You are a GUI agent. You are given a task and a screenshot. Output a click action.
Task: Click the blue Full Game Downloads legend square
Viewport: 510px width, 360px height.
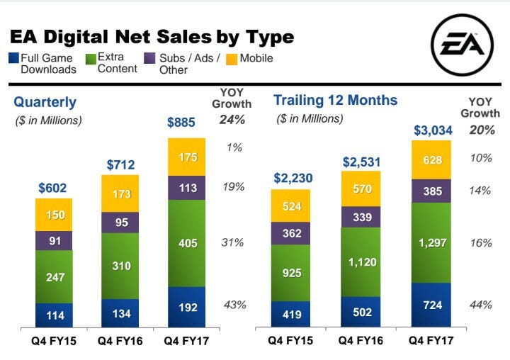pos(13,58)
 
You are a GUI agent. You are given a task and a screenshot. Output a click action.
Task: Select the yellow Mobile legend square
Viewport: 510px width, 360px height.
pos(231,58)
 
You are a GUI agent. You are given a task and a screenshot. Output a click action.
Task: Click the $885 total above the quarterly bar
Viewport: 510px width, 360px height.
pos(181,123)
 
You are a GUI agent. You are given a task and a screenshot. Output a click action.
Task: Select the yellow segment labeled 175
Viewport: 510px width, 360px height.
pos(187,157)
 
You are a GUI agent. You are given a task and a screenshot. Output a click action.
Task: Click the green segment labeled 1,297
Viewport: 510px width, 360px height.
pos(431,243)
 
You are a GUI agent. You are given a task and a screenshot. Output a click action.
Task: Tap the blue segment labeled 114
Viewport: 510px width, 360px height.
pos(54,315)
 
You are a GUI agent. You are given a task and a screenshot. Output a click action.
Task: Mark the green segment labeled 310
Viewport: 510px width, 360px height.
pos(120,264)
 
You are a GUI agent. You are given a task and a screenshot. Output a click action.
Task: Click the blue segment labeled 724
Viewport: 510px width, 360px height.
pos(431,305)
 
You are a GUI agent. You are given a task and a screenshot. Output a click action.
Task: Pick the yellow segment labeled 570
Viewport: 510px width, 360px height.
pos(361,188)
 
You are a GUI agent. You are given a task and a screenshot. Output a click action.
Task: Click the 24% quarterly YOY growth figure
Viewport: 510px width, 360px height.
pos(232,119)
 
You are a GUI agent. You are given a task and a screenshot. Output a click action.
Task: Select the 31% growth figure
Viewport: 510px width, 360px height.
pos(234,242)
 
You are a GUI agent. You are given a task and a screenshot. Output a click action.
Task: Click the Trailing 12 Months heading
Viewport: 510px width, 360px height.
pos(335,100)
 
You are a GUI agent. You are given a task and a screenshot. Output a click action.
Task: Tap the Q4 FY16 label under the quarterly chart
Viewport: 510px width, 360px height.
pos(120,342)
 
